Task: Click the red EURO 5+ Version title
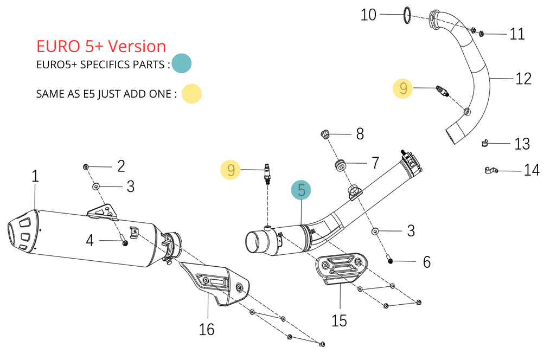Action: [x=101, y=47]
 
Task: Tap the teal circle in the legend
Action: [x=182, y=64]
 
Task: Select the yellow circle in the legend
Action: [x=191, y=93]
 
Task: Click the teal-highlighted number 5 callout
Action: [x=302, y=190]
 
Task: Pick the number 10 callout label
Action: [x=368, y=15]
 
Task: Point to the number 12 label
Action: [x=523, y=79]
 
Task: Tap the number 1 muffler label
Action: [x=35, y=176]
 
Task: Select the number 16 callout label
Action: [x=207, y=329]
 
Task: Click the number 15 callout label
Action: [x=339, y=320]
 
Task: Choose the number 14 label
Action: [x=532, y=170]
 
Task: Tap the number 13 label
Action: [x=522, y=144]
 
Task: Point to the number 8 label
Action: [x=360, y=134]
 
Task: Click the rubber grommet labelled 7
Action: [x=341, y=164]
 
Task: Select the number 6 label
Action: [x=426, y=262]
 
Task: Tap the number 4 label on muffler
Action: [x=90, y=240]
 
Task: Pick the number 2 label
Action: [x=121, y=166]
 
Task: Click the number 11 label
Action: [x=517, y=34]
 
